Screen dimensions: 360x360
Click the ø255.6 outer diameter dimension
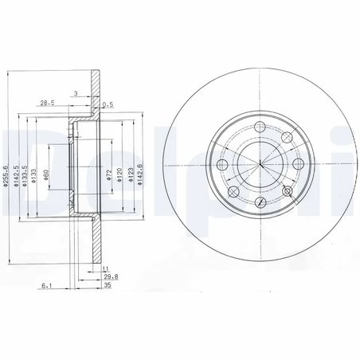point(6,174)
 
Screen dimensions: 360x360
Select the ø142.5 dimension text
point(16,174)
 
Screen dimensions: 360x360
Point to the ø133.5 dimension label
point(25,174)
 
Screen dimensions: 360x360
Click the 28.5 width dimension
point(48,103)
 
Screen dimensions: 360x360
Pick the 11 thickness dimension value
point(105,270)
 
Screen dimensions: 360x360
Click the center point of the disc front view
point(261,162)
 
